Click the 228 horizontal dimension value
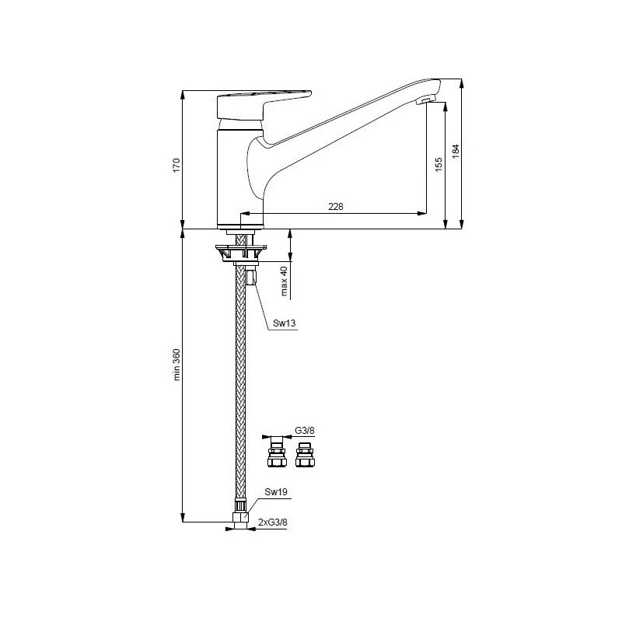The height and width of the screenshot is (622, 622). (335, 206)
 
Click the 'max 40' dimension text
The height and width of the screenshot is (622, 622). (284, 281)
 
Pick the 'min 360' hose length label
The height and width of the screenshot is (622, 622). (176, 364)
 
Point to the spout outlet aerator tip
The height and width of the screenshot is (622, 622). (425, 102)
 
